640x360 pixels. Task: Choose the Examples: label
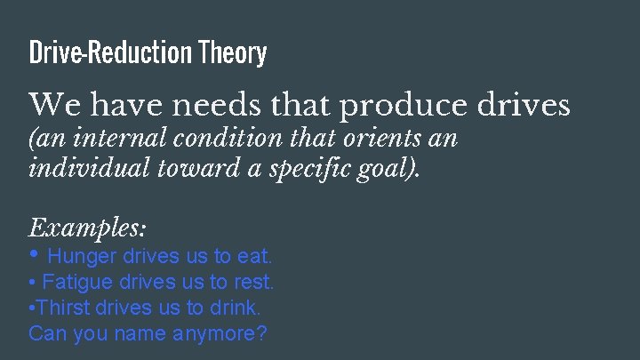87,228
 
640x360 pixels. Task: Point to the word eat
254,257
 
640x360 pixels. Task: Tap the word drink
236,308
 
